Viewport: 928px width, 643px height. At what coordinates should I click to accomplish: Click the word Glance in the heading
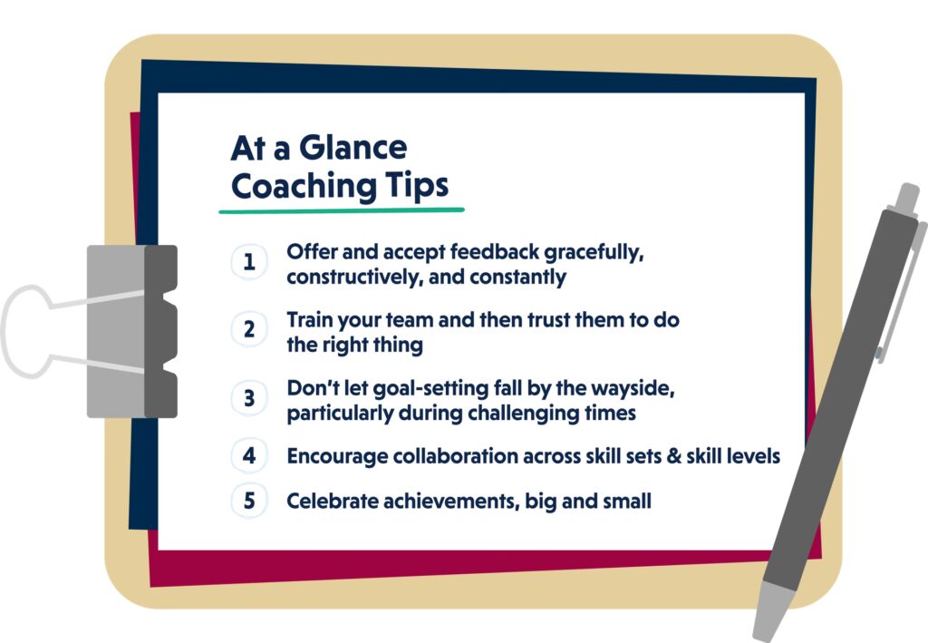(x=353, y=148)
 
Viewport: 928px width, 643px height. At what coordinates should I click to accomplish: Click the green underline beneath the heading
(x=342, y=210)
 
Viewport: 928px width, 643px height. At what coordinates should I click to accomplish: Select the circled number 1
(x=249, y=261)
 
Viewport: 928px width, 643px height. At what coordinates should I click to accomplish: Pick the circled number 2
(x=249, y=329)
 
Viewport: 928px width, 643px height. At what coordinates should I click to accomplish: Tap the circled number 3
(x=249, y=398)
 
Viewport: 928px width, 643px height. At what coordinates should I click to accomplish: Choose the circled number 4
(x=249, y=455)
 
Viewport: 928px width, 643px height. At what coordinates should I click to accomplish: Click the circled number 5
(x=249, y=501)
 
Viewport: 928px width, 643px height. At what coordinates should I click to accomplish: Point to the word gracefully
(x=594, y=253)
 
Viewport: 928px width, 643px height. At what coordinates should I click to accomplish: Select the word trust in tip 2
(x=548, y=320)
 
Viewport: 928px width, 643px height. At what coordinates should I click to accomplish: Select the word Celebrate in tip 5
(x=332, y=501)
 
